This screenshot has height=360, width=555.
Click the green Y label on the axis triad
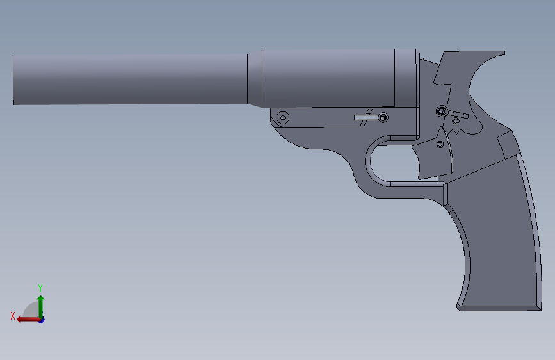(x=40, y=288)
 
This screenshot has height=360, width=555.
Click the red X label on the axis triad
(x=13, y=316)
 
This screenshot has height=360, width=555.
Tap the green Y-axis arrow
(x=40, y=304)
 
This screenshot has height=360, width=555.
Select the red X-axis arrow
(x=26, y=318)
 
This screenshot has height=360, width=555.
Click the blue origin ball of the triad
(x=40, y=318)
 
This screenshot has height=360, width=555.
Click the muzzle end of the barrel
(x=14, y=79)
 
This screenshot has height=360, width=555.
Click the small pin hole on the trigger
(x=440, y=144)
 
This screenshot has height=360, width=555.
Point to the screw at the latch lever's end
(x=383, y=118)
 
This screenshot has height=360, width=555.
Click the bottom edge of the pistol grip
(x=496, y=308)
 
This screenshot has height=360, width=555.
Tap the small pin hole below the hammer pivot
(x=456, y=120)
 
